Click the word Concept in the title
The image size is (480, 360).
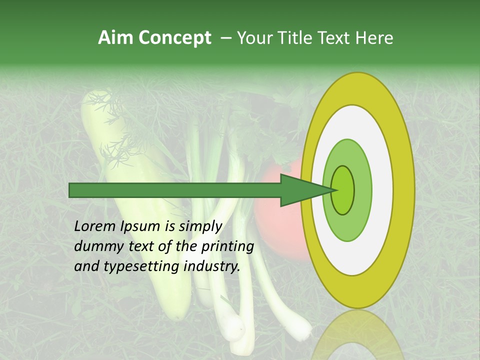tap(174, 38)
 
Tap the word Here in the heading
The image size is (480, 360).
tap(374, 38)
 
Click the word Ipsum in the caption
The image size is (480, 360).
tap(141, 227)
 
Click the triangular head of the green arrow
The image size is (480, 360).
tap(300, 190)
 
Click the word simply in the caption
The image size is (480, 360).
tap(200, 227)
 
